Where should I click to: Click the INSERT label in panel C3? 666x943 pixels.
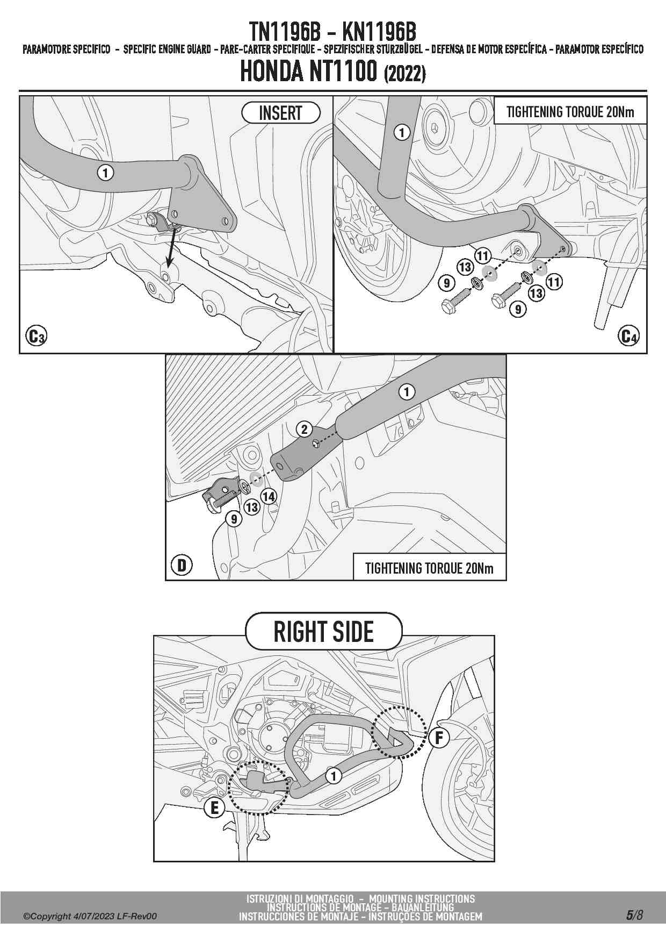(x=280, y=113)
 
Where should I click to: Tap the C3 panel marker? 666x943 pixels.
(x=36, y=337)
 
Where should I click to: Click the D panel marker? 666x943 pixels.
(x=182, y=565)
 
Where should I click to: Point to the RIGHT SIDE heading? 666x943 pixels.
(x=323, y=632)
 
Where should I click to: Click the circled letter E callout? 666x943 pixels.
(x=214, y=808)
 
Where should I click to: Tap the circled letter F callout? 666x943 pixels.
(x=439, y=738)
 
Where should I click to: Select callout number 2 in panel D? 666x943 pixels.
(x=305, y=429)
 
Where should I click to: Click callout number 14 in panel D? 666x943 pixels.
(x=269, y=497)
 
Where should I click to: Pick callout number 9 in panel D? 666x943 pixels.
(x=234, y=519)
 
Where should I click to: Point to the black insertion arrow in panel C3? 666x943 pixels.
(x=171, y=247)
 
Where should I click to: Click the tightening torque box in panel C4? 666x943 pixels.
(x=570, y=112)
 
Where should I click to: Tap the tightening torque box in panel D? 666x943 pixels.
(x=429, y=568)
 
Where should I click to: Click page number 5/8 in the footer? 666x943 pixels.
(x=634, y=916)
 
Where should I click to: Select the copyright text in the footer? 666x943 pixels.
(x=90, y=916)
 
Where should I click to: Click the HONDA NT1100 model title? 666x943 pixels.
(x=332, y=72)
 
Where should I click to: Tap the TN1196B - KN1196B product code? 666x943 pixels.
(x=332, y=32)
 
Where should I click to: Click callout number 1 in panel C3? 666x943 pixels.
(x=106, y=173)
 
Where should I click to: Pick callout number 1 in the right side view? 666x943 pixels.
(x=334, y=776)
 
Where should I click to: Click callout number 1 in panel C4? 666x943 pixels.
(x=402, y=132)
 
